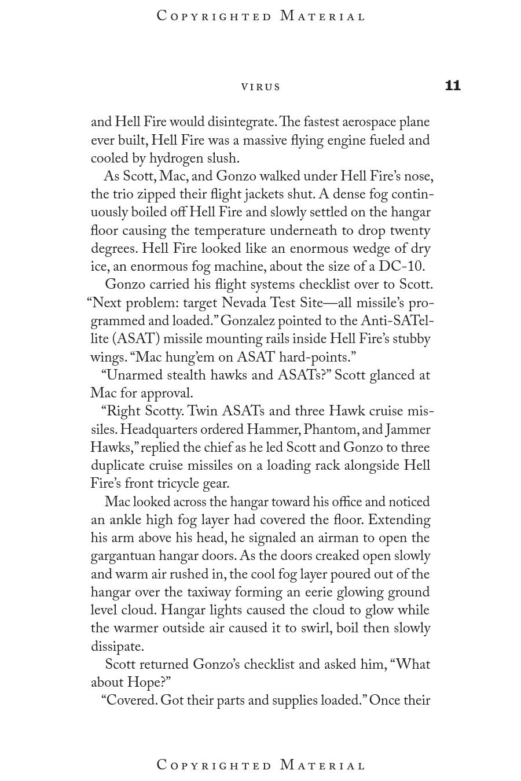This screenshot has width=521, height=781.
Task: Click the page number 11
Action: (453, 86)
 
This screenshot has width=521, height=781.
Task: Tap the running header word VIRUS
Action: (261, 87)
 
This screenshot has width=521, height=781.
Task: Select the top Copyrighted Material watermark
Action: (261, 16)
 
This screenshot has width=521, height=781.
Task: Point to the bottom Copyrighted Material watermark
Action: (261, 765)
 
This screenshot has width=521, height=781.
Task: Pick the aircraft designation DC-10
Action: (401, 267)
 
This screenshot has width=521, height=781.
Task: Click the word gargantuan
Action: (123, 556)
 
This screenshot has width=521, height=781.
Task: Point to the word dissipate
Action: (117, 647)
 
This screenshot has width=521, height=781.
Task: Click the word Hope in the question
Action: (145, 683)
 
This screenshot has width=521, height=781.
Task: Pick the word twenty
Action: (410, 231)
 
